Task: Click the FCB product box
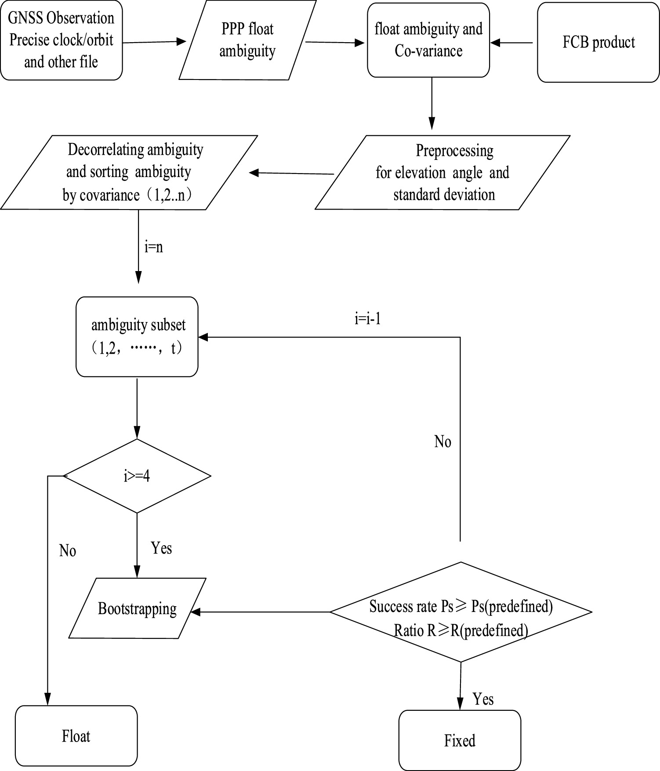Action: point(598,43)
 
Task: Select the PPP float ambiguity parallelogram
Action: point(247,40)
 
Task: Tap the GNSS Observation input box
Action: point(61,40)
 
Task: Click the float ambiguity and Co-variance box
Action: point(428,40)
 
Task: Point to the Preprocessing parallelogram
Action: point(442,173)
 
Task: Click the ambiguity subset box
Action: point(137,337)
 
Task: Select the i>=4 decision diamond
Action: point(137,476)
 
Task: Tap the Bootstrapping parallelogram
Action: point(137,609)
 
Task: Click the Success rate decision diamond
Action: point(461,612)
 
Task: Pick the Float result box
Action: point(76,736)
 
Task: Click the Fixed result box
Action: point(460,741)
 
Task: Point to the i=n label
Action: point(154,247)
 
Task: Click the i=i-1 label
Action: point(368,319)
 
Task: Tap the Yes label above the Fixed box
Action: point(483,699)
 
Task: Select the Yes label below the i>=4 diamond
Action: point(161,548)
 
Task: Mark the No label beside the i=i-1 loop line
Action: point(442,442)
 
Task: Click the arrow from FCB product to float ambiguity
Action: point(512,43)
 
